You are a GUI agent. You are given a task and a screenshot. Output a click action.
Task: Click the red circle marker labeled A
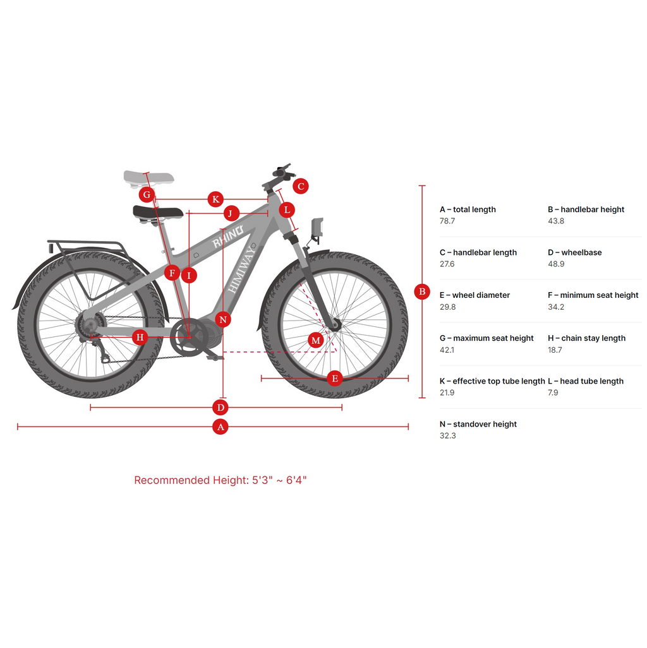[220, 427]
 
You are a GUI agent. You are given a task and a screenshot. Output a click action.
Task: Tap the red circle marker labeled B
[422, 292]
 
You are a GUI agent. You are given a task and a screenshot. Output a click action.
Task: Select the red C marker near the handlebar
[301, 186]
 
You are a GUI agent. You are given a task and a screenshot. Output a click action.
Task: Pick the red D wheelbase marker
[220, 407]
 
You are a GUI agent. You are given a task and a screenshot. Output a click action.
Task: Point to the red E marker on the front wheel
[335, 379]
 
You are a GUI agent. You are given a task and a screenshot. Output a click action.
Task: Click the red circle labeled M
[316, 341]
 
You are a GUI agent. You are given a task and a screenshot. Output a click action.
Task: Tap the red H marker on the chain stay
[140, 338]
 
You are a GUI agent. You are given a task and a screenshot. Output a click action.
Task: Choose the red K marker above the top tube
[215, 199]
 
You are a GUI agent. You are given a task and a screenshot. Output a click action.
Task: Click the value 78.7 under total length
[447, 221]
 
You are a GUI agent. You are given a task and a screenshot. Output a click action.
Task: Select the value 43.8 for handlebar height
[556, 221]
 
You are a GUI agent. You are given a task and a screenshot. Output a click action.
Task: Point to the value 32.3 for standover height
[447, 435]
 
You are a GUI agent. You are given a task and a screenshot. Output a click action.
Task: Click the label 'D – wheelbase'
[574, 252]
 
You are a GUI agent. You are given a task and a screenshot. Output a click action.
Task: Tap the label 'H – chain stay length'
[586, 338]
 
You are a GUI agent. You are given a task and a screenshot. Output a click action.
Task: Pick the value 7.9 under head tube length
[553, 392]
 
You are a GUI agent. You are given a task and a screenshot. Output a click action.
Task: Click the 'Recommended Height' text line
[221, 480]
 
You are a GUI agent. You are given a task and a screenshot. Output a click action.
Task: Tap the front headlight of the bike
[317, 228]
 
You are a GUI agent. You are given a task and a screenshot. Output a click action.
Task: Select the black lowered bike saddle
[158, 213]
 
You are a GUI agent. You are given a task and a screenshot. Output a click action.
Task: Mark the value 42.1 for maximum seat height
[447, 350]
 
